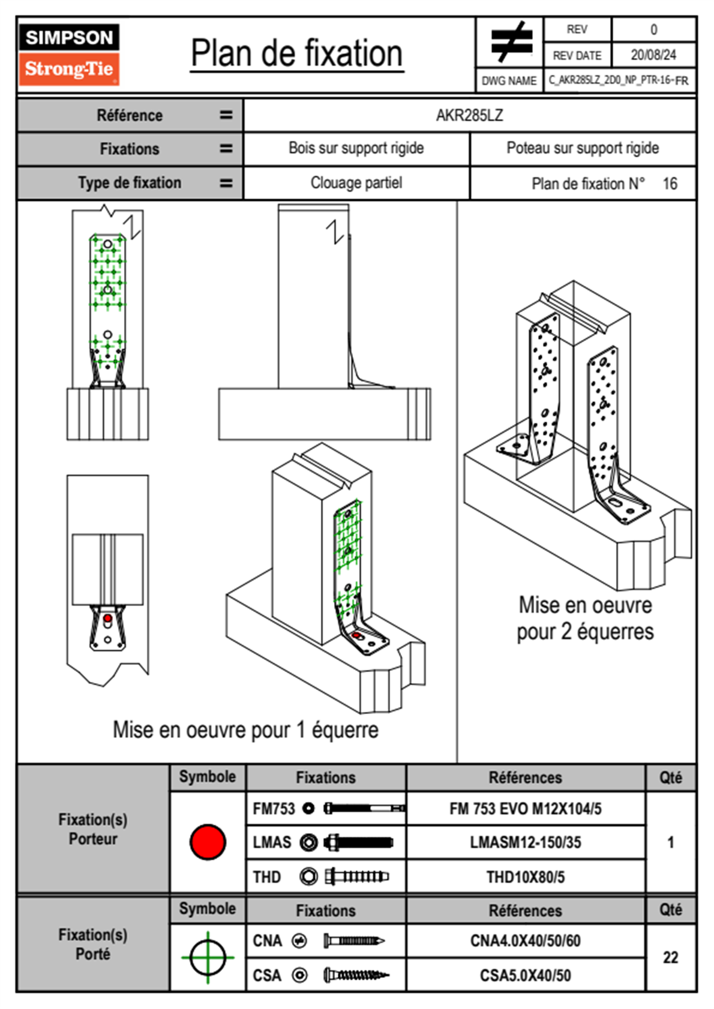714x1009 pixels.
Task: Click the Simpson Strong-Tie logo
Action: click(x=69, y=55)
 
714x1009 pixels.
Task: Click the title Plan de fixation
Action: click(x=296, y=54)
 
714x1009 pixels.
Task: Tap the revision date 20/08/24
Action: click(x=653, y=55)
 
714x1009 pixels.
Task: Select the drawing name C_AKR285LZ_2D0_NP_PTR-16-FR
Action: click(x=619, y=80)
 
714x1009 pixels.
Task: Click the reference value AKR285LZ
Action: click(x=469, y=115)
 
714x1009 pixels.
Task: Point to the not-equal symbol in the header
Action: click(x=511, y=42)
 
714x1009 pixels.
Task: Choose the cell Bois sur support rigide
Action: click(x=356, y=148)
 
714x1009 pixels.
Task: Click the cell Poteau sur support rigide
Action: click(x=582, y=148)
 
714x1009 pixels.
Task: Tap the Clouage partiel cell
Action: click(x=356, y=183)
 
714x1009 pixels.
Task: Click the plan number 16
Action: click(x=670, y=184)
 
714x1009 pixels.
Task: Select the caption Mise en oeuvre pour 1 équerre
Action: click(x=245, y=730)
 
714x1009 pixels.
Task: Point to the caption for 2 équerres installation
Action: click(x=585, y=618)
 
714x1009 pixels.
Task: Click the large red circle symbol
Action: click(x=208, y=842)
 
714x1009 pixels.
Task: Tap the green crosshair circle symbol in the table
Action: click(x=208, y=957)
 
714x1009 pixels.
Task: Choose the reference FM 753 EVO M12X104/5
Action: click(x=525, y=809)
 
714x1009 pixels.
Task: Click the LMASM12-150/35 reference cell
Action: click(x=525, y=842)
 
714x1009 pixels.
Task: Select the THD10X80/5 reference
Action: click(x=525, y=877)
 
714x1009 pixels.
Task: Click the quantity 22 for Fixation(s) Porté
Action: click(x=670, y=957)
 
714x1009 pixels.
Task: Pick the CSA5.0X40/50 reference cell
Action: click(x=525, y=975)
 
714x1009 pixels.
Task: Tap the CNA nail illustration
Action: click(x=354, y=941)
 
